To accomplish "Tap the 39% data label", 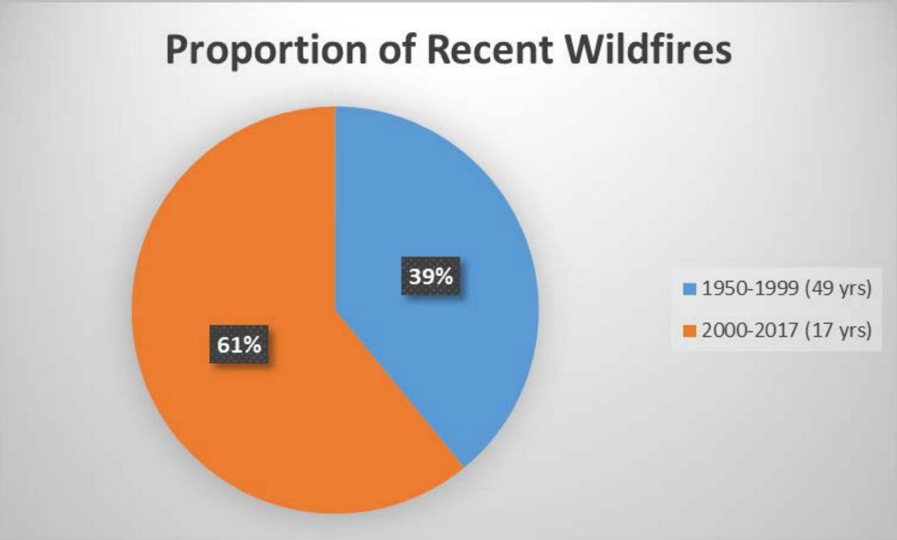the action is tap(431, 276).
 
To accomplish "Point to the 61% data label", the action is tap(239, 345).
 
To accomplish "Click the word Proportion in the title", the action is tap(266, 50).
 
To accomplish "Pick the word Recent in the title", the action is tap(490, 49).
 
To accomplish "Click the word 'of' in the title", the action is tap(397, 49).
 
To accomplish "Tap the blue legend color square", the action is tap(689, 289).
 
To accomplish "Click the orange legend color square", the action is tap(689, 331).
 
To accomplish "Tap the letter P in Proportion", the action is tap(177, 50).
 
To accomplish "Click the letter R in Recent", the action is tap(439, 50).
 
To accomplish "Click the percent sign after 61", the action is tap(253, 345).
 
